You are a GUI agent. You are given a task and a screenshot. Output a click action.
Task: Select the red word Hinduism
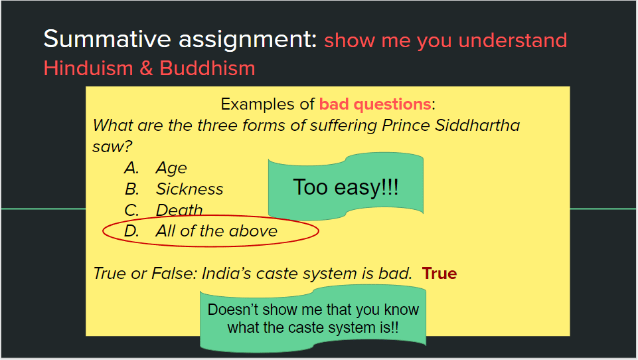coord(88,68)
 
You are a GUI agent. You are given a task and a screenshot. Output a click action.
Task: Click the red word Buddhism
coord(207,68)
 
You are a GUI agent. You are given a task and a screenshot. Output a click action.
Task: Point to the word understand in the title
coord(513,41)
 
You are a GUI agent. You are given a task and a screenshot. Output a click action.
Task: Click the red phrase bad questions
coord(375,104)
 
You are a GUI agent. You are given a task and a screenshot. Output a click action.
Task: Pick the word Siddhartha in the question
coord(477,126)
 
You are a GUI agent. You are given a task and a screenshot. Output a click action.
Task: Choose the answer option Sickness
coord(190,189)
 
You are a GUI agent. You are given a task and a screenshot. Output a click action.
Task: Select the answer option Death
coord(179,210)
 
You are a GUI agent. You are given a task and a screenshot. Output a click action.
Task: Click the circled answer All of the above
coord(216,231)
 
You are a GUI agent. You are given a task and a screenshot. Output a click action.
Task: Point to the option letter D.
coord(131,231)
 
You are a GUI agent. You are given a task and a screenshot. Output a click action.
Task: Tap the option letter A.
coord(131,168)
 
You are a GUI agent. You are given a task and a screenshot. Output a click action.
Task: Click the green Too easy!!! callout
coord(346,187)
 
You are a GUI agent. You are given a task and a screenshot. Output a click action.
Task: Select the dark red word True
coord(439,273)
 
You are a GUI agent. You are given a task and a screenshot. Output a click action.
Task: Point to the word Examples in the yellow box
coord(258,105)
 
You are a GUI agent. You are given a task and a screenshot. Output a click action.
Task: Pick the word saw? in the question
coord(112,147)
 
